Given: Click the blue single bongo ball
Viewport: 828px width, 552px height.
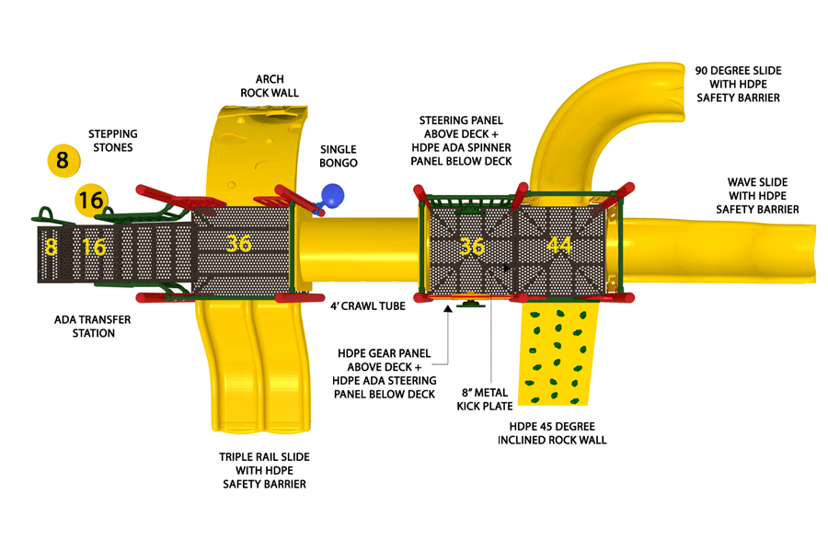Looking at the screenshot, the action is [x=332, y=195].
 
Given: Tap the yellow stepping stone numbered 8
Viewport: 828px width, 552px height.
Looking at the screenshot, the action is [x=63, y=160].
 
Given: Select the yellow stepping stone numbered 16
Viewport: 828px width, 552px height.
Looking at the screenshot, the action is [x=91, y=201].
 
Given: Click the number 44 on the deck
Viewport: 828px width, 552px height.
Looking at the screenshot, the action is [x=558, y=245].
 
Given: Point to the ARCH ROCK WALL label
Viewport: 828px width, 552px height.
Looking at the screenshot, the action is [x=270, y=86].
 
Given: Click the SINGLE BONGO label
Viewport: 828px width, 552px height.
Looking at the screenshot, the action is [x=339, y=156].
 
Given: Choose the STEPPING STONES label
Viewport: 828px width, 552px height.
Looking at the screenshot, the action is [x=113, y=141].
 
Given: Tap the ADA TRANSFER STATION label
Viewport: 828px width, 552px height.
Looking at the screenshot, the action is [x=93, y=327].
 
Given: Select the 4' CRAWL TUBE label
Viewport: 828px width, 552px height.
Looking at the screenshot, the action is [x=368, y=306].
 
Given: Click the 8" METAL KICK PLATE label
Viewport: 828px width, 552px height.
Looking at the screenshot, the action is [x=485, y=399].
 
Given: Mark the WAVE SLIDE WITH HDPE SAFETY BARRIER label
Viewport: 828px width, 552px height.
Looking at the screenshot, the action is [x=757, y=196].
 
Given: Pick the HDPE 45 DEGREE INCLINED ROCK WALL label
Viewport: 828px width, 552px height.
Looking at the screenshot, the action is [x=552, y=433].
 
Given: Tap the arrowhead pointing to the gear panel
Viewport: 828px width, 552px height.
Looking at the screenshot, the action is [x=448, y=308].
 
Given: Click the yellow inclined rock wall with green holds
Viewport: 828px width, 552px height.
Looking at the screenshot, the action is [x=558, y=354].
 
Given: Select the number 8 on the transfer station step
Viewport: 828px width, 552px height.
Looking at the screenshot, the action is [x=51, y=247].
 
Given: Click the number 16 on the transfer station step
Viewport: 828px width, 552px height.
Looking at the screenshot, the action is [x=94, y=247].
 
